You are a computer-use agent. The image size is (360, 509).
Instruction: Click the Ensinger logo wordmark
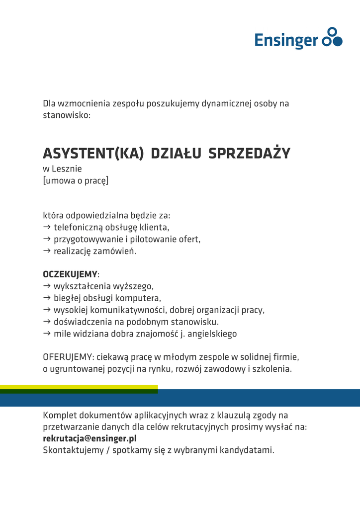[286, 39]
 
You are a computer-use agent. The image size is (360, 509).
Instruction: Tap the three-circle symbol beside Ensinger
[332, 37]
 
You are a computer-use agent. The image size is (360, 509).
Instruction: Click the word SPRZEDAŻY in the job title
[249, 153]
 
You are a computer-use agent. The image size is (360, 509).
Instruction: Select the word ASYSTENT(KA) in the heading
[93, 153]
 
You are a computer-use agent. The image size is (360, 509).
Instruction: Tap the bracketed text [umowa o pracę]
[76, 180]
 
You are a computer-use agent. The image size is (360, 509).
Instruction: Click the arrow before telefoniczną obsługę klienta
[47, 227]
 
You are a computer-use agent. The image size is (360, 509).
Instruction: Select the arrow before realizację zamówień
[47, 251]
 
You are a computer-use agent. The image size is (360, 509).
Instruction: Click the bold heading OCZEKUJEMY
[70, 274]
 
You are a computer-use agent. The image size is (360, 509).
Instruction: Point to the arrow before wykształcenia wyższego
[47, 286]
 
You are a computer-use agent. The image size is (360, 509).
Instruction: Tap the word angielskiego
[212, 334]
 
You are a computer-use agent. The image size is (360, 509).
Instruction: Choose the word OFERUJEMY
[68, 357]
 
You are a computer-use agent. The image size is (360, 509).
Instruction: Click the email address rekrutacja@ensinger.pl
[90, 438]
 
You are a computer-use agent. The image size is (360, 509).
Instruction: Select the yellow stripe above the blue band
[79, 387]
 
